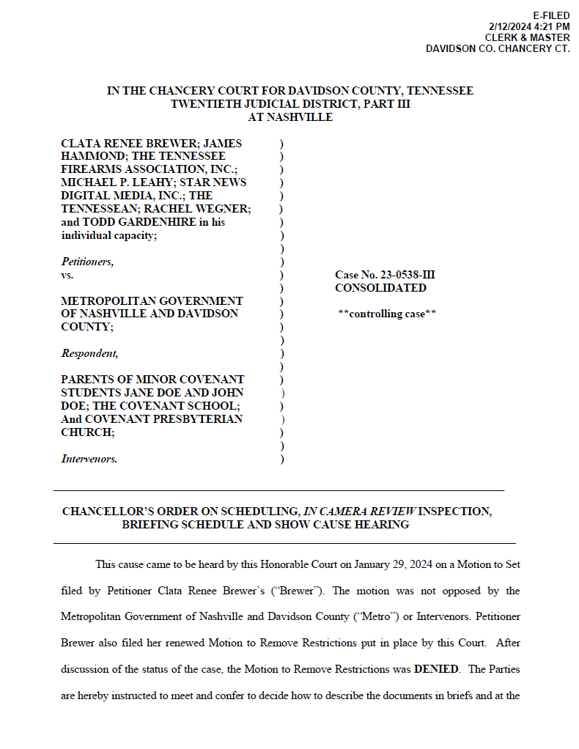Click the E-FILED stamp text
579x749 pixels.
tap(551, 16)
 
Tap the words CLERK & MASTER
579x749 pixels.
tap(527, 37)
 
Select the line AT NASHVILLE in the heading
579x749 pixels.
tap(290, 117)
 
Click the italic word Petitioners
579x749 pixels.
tap(87, 262)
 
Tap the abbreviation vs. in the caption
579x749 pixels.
tap(67, 275)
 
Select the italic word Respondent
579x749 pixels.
tap(89, 353)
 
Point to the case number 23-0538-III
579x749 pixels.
tap(401, 275)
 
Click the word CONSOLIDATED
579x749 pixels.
tap(380, 288)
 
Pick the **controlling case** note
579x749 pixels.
tap(387, 314)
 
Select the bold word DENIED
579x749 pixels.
tap(438, 669)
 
